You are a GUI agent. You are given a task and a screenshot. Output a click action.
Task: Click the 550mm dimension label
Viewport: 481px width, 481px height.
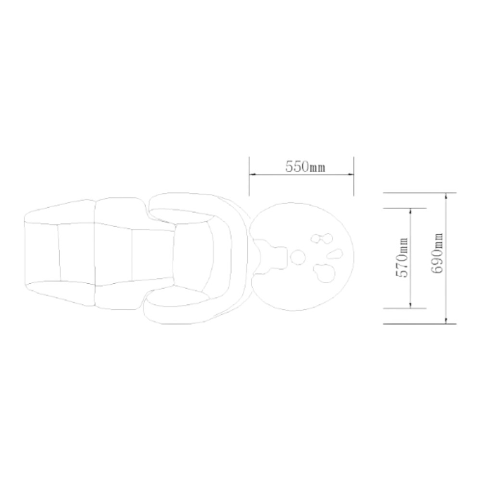tap(305, 166)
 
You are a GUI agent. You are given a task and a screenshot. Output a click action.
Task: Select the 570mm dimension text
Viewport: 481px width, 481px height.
tap(402, 258)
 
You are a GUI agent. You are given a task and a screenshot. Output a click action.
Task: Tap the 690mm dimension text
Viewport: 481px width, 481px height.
tap(437, 253)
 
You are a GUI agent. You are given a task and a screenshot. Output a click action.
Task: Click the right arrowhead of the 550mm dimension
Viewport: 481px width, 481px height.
tap(350, 175)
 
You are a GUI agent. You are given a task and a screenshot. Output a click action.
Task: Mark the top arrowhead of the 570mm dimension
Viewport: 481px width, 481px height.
tap(410, 212)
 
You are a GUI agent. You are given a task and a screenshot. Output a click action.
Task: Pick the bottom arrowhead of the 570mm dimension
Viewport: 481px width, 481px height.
tap(410, 304)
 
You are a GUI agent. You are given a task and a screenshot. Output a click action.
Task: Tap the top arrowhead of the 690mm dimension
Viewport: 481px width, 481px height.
tap(446, 197)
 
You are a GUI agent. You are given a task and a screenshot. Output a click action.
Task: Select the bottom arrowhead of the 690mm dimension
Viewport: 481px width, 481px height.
tap(446, 320)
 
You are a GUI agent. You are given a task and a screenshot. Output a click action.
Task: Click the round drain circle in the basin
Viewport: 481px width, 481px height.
tap(298, 257)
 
